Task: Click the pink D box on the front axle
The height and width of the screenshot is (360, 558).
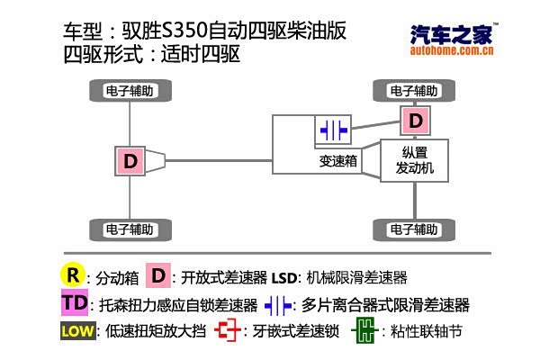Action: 415,121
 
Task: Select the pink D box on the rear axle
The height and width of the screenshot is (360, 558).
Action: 130,161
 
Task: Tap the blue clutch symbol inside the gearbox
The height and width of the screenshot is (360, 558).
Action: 333,130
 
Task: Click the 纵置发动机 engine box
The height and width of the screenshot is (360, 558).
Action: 414,160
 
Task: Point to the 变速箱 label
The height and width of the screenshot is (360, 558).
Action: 338,161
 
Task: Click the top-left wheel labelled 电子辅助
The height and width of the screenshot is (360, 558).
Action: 130,91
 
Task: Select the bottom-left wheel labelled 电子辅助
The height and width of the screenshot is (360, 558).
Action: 130,229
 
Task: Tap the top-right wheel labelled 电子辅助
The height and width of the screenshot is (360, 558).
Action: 414,91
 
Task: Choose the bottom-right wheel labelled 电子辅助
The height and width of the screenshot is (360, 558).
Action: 414,229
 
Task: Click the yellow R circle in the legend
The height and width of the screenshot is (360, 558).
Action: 73,275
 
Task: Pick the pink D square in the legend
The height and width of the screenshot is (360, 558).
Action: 158,275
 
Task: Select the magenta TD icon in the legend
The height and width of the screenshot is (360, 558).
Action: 75,302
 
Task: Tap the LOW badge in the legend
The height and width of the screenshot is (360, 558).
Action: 78,331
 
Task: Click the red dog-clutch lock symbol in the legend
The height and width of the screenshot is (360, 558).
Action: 228,330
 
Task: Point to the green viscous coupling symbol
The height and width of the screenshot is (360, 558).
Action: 364,330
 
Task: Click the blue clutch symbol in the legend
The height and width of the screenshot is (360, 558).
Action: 278,305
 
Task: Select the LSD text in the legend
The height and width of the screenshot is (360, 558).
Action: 284,278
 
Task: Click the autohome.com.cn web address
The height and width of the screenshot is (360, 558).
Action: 452,50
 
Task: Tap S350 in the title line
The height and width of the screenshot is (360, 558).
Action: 184,31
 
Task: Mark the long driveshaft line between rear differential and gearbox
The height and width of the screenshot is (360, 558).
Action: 219,161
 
